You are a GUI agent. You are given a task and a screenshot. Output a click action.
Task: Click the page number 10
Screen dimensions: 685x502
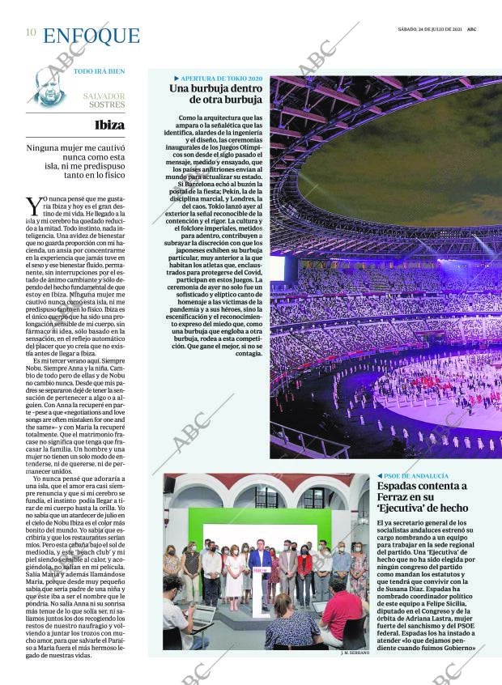click(30, 32)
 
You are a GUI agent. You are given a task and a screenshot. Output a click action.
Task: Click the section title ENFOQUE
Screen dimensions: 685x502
click(91, 36)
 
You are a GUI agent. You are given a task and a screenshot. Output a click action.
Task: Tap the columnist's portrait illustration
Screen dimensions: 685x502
click(49, 87)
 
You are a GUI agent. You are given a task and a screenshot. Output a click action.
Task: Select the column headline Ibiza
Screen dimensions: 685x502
click(109, 125)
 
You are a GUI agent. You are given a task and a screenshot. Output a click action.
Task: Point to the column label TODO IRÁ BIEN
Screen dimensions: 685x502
click(99, 71)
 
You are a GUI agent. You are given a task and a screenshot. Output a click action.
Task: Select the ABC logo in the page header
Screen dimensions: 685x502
click(471, 28)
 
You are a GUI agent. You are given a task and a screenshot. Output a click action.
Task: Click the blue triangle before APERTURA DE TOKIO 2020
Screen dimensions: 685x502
click(177, 78)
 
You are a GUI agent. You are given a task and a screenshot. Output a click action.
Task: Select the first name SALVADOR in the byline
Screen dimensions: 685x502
click(104, 95)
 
